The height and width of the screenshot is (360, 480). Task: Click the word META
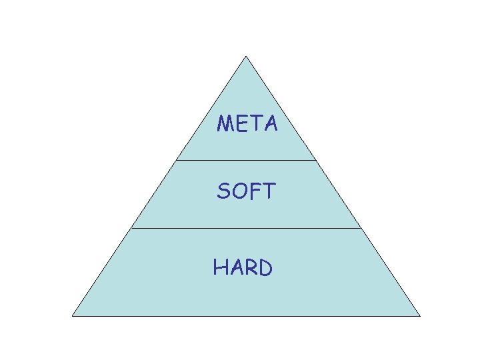click(247, 123)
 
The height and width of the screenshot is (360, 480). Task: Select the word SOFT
click(245, 192)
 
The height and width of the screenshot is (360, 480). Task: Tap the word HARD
click(243, 267)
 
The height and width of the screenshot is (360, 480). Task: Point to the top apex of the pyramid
click(246, 56)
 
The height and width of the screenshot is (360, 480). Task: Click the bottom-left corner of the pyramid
click(73, 315)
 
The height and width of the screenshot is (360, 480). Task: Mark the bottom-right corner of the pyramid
click(420, 315)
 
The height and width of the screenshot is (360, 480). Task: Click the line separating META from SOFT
click(246, 160)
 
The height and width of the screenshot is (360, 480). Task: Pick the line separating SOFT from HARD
click(246, 228)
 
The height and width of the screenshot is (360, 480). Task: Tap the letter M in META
click(226, 123)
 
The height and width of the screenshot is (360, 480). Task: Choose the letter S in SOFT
click(223, 192)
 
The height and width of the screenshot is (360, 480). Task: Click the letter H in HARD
click(221, 267)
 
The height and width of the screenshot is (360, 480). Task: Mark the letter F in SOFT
click(254, 192)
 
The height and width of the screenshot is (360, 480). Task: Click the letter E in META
click(241, 123)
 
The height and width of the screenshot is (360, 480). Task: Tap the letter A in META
click(269, 124)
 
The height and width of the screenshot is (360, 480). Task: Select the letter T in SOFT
click(267, 192)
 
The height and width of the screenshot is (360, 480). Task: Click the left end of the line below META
click(177, 160)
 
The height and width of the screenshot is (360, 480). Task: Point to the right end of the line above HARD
click(361, 228)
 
